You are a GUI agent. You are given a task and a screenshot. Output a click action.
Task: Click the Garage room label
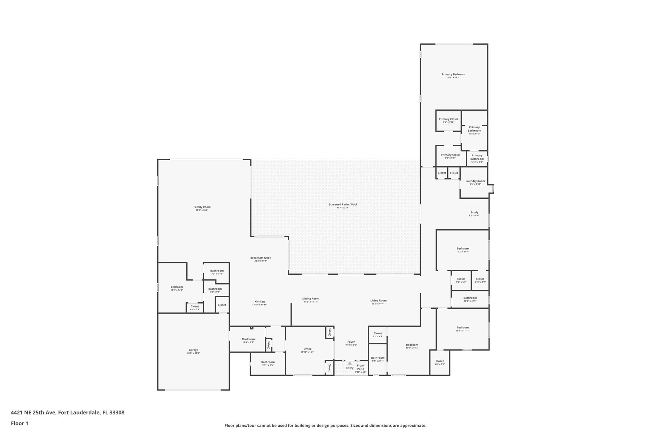pyautogui.click(x=193, y=350)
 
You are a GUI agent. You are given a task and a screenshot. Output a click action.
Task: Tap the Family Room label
pyautogui.click(x=202, y=207)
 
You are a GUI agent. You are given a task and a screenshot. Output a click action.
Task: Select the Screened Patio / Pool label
pyautogui.click(x=343, y=204)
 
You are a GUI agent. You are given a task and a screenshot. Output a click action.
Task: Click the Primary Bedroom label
pyautogui.click(x=453, y=74)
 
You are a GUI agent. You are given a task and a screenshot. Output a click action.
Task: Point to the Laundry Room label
pyautogui.click(x=475, y=181)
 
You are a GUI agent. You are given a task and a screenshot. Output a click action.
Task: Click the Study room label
pyautogui.click(x=474, y=212)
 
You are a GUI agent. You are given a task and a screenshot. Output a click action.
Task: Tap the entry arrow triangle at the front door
pyautogui.click(x=350, y=363)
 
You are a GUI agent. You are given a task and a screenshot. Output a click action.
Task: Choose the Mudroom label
pyautogui.click(x=248, y=339)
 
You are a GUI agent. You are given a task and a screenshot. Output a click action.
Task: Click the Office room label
pyautogui.click(x=307, y=349)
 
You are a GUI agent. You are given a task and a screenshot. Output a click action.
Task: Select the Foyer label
pyautogui.click(x=351, y=342)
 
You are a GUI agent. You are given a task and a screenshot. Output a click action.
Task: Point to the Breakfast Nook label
pyautogui.click(x=260, y=258)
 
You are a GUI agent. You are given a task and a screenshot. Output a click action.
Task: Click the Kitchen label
pyautogui.click(x=259, y=302)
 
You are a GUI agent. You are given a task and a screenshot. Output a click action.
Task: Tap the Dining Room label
pyautogui.click(x=311, y=299)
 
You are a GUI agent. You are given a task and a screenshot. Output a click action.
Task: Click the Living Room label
pyautogui.click(x=378, y=300)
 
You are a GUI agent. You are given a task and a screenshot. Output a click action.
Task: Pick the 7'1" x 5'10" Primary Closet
pyautogui.click(x=449, y=119)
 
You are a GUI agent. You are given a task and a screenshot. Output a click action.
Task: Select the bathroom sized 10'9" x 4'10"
pyautogui.click(x=470, y=298)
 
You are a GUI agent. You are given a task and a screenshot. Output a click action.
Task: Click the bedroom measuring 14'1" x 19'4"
pyautogui.click(x=412, y=345)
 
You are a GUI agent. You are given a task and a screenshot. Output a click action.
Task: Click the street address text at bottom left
pyautogui.click(x=67, y=412)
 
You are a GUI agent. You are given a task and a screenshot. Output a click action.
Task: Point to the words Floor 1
pyautogui.click(x=19, y=423)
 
